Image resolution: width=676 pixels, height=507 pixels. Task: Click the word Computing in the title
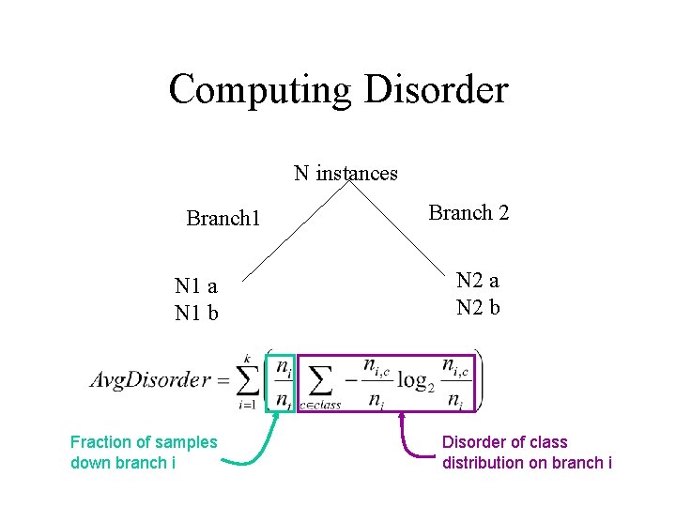[x=260, y=90]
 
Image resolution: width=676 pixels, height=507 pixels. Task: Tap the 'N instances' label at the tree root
[x=346, y=174]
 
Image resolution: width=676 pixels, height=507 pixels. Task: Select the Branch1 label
[x=223, y=219]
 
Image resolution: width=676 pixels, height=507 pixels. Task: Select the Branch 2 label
[x=469, y=213]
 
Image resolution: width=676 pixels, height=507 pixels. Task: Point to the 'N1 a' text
[x=196, y=286]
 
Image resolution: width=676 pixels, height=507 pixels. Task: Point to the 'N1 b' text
[x=196, y=313]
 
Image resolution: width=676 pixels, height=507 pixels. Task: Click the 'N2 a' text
[x=477, y=281]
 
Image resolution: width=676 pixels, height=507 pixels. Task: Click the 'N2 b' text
[x=477, y=307]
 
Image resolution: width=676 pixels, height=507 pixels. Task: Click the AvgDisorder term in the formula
[x=150, y=381]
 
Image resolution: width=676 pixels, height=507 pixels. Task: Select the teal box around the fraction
[x=282, y=382]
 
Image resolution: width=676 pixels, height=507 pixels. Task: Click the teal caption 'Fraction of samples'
[x=144, y=442]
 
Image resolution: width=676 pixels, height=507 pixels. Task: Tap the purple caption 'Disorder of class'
[x=505, y=442]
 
